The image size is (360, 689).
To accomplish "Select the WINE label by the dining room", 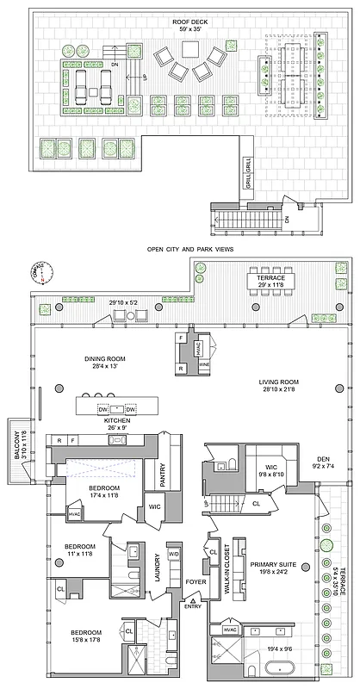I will tap(203, 364).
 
